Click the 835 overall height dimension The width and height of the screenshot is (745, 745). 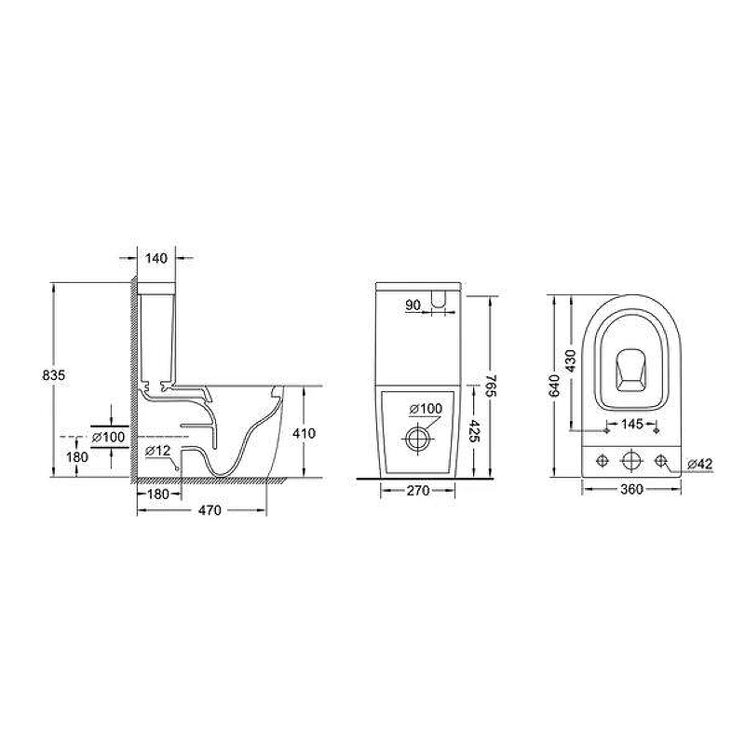[54, 375]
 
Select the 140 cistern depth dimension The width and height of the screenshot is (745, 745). [156, 259]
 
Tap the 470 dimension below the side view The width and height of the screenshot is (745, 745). [210, 510]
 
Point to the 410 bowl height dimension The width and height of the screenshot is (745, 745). [305, 433]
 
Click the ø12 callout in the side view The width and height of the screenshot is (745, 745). [158, 451]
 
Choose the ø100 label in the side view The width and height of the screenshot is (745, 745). [109, 437]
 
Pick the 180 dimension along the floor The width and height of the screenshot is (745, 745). [158, 494]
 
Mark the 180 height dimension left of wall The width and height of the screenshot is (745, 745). [77, 457]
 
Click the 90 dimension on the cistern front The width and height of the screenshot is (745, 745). [413, 305]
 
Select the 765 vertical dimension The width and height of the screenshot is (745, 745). [491, 386]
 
